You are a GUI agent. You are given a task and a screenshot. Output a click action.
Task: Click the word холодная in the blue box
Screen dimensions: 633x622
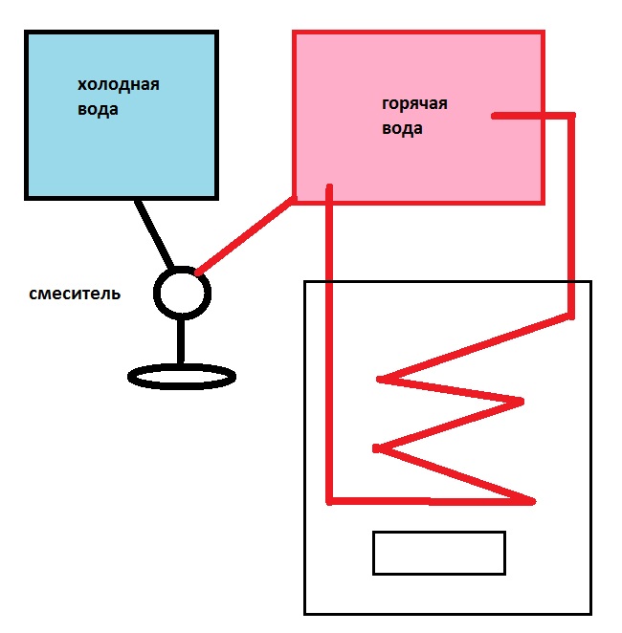[118, 85]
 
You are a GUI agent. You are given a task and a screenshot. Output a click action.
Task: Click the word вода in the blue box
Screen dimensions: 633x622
[99, 109]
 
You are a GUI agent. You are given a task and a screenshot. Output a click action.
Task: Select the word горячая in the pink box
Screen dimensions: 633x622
[414, 104]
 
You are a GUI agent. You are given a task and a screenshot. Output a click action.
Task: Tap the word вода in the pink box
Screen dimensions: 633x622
[401, 128]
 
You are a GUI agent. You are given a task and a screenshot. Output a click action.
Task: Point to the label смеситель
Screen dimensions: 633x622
[75, 294]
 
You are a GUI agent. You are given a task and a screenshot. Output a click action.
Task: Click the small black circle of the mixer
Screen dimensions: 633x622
[182, 293]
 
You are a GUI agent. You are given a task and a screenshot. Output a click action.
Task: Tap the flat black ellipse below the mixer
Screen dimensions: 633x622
[182, 377]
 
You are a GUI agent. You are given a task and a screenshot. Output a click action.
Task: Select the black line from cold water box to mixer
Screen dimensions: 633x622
[153, 234]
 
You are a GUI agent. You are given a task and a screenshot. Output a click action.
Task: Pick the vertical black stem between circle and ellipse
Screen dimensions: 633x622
[181, 340]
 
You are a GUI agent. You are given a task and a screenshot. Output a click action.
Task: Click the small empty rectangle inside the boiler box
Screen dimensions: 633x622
[438, 553]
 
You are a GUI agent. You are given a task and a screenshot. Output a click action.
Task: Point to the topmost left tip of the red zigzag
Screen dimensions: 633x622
[381, 380]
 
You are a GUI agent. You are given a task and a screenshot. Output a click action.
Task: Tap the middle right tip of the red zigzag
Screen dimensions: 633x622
[522, 402]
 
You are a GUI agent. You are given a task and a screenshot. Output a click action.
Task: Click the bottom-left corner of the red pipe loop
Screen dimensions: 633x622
[329, 500]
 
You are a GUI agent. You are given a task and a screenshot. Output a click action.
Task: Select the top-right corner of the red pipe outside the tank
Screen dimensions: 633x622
[572, 117]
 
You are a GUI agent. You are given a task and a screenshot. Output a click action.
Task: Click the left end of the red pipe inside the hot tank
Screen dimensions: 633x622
[495, 117]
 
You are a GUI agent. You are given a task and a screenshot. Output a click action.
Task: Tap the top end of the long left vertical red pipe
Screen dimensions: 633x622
[329, 188]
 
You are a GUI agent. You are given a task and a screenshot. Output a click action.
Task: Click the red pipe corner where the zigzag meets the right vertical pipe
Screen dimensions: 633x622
[571, 315]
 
